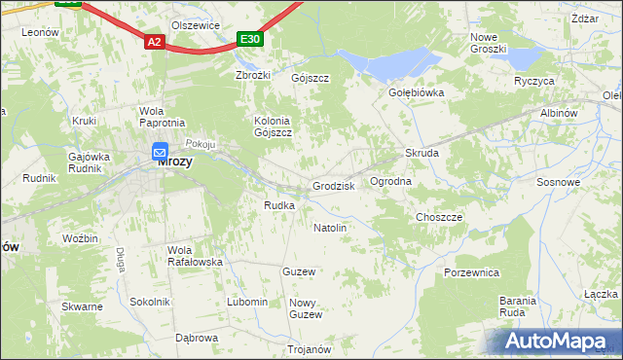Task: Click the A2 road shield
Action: click(x=155, y=42)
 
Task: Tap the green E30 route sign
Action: click(x=250, y=39)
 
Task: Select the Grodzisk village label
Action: click(x=333, y=185)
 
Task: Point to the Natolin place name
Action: click(x=330, y=228)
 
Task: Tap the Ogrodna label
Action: click(x=390, y=182)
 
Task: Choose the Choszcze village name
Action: click(x=439, y=217)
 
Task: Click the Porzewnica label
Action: click(x=471, y=272)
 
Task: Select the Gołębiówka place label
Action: click(x=417, y=93)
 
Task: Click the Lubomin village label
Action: click(x=247, y=302)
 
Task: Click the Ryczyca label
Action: click(x=534, y=81)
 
